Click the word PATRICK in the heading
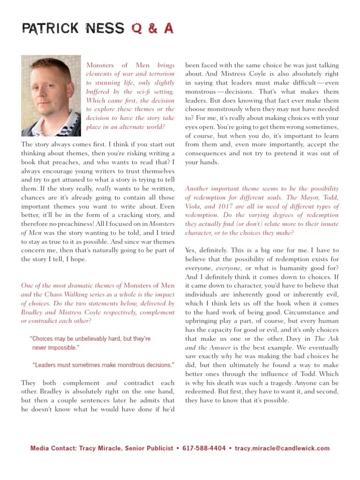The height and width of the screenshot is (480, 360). [x=50, y=29]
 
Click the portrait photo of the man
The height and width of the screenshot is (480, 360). [x=51, y=96]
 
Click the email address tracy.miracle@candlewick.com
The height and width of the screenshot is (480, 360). [x=282, y=449]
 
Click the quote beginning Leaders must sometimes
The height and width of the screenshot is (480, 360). [x=103, y=365]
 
